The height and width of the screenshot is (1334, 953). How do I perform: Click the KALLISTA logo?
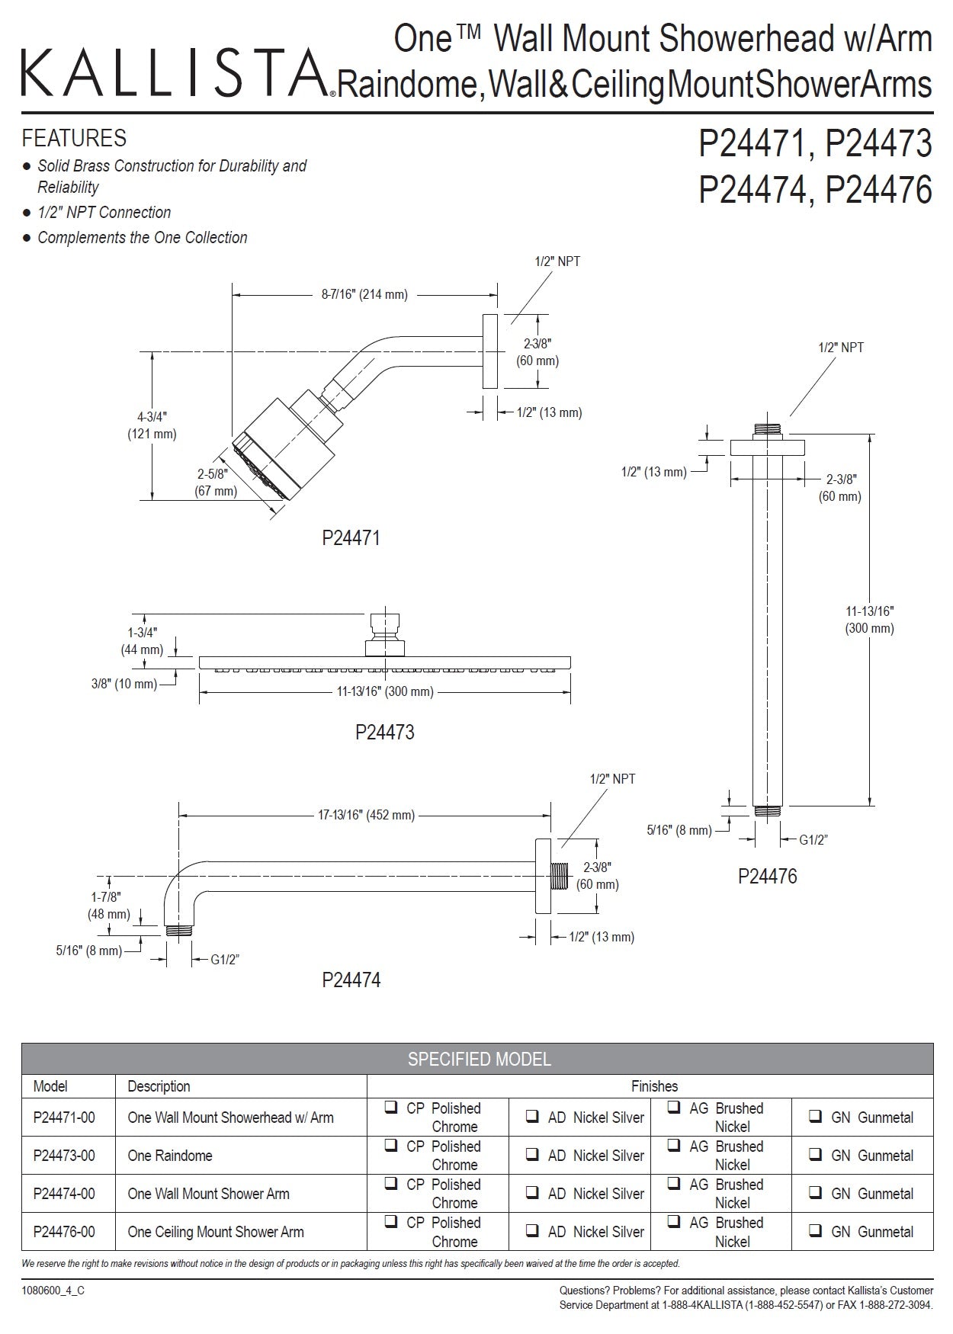pos(174,74)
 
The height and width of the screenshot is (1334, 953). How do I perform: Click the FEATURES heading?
pos(74,139)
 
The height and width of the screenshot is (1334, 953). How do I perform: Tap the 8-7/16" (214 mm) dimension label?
pos(364,294)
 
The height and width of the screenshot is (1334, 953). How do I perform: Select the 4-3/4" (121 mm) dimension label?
pos(152,425)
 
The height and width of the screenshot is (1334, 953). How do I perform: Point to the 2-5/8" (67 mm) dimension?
pos(216,483)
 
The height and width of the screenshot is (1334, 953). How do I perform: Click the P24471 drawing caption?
pos(351,538)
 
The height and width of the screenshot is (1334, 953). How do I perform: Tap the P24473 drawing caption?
pos(385,733)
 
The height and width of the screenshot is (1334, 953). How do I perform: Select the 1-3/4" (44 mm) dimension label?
pos(142,641)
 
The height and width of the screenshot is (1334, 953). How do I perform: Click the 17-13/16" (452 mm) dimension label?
pos(366,815)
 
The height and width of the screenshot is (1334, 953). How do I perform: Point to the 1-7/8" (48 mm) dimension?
pos(108,906)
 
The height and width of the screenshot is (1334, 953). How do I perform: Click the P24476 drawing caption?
pos(767,877)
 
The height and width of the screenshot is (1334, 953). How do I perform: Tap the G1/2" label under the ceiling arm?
pos(813,840)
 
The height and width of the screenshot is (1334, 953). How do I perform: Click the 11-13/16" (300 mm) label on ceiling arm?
pos(869,620)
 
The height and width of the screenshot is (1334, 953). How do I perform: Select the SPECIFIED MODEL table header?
pos(478,1059)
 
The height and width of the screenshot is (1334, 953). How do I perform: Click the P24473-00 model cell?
pos(65,1156)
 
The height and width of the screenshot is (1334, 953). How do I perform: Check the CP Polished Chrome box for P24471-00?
pos(391,1108)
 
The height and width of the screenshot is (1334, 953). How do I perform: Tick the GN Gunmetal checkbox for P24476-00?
pos(815,1231)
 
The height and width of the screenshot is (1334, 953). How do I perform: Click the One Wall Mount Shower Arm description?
pos(209,1194)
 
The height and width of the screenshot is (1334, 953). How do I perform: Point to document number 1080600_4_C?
pos(53,1291)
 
